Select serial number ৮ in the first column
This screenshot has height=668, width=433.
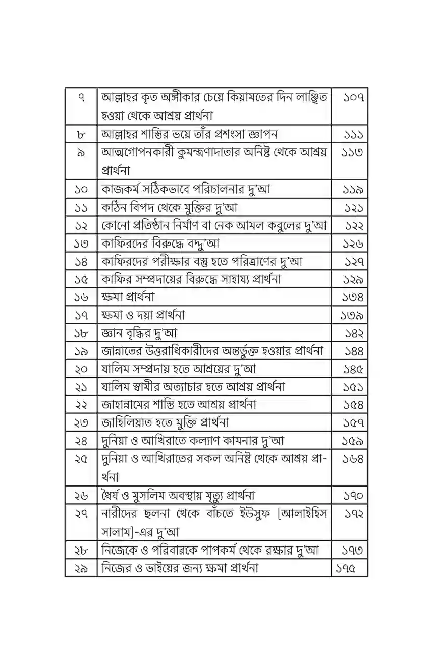(x=81, y=134)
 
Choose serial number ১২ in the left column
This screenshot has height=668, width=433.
(x=81, y=225)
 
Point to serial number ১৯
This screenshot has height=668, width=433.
(x=81, y=351)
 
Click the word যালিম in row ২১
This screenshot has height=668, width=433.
(x=117, y=387)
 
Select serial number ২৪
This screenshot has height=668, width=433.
(x=81, y=441)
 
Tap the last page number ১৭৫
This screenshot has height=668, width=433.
(x=346, y=568)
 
